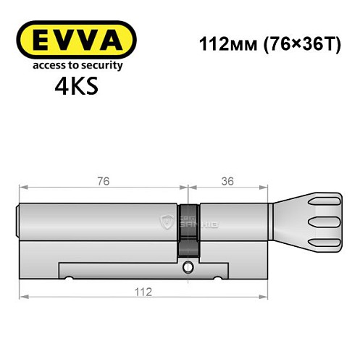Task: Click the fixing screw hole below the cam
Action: point(188,269)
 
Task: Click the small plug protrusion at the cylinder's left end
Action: point(18,220)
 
